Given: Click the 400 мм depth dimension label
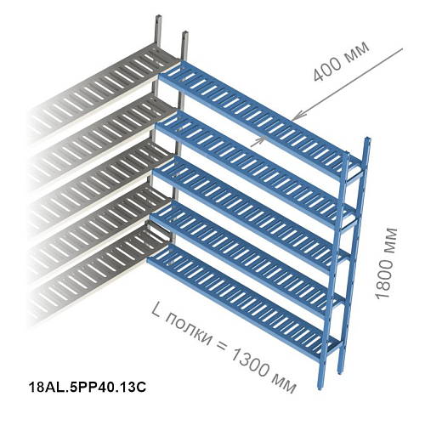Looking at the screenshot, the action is click(341, 62).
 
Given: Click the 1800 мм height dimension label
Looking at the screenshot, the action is click(387, 263).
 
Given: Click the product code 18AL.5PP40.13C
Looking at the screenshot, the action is click(88, 387).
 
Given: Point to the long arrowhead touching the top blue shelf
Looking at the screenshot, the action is click(297, 116).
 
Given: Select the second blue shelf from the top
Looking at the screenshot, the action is click(255, 164).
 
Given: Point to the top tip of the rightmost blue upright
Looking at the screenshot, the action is click(368, 138).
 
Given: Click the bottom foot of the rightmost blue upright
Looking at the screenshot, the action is click(340, 371).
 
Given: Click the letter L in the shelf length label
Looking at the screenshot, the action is click(156, 311).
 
